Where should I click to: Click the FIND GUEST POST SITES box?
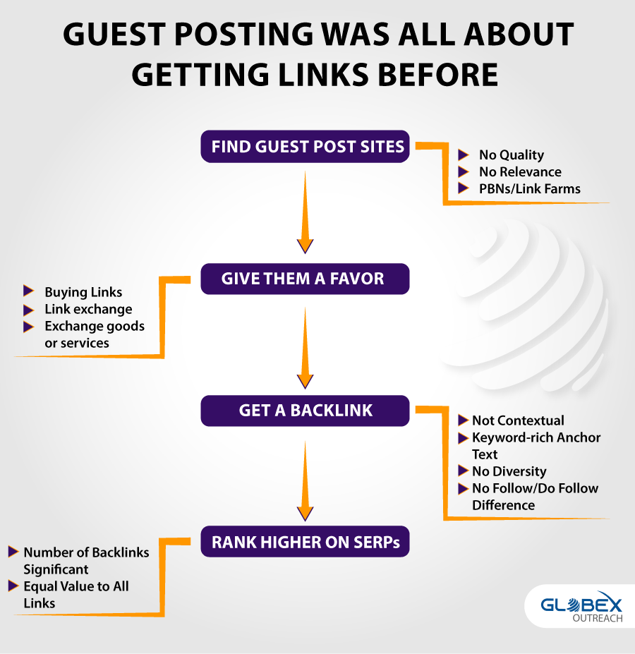point(305,147)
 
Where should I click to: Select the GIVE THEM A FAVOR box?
point(305,279)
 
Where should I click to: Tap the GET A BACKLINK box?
point(305,411)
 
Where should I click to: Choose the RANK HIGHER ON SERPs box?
point(305,541)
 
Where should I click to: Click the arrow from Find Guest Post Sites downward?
point(305,212)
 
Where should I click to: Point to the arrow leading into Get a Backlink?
point(305,348)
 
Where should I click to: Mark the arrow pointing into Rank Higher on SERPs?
point(305,481)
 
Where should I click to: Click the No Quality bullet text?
point(512,155)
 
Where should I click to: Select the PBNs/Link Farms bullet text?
point(529,189)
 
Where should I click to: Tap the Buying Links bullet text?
point(83,292)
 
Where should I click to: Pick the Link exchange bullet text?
point(88,309)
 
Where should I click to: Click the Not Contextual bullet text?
point(518,420)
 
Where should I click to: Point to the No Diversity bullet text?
point(509,471)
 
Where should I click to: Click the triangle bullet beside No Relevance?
point(463,171)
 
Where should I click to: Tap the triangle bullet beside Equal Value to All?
point(13,586)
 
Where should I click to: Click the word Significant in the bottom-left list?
point(56,570)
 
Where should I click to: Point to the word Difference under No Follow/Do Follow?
point(503,505)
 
